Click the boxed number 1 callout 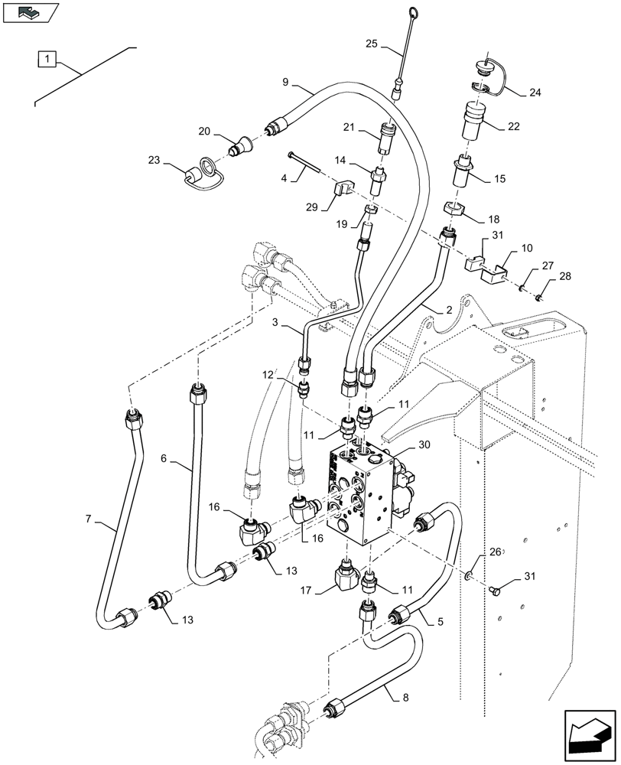click(47, 58)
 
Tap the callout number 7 click(90, 521)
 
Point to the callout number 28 click(563, 275)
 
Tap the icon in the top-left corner click(31, 12)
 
